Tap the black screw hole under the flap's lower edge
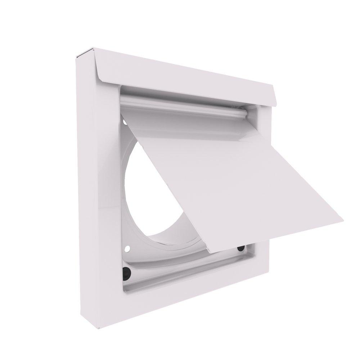[x=240, y=248]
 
